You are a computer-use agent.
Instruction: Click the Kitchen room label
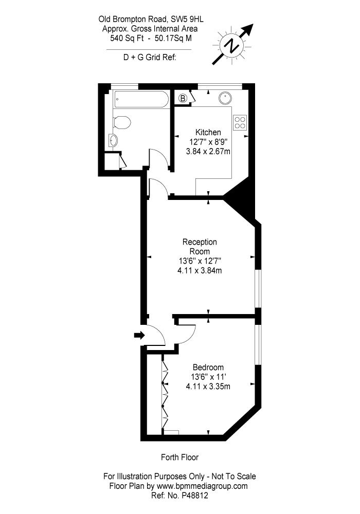(208, 133)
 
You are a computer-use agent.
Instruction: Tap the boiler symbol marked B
(183, 98)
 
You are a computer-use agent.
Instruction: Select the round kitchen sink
(225, 97)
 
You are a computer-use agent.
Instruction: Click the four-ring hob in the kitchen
(240, 122)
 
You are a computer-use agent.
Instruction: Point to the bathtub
(140, 99)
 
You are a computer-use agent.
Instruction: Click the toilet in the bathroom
(122, 122)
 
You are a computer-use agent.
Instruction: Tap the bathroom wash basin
(113, 141)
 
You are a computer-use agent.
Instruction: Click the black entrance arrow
(139, 335)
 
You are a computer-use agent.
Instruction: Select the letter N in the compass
(233, 45)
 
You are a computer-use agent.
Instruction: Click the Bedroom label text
(208, 368)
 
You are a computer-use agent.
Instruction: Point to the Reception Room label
(200, 247)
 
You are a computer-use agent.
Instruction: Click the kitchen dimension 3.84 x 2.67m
(208, 152)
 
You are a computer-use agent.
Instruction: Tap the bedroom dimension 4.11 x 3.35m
(208, 387)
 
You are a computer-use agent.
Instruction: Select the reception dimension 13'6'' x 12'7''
(200, 261)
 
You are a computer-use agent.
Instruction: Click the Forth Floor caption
(179, 457)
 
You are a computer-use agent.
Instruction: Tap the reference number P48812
(195, 495)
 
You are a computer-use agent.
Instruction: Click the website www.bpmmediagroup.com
(202, 486)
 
